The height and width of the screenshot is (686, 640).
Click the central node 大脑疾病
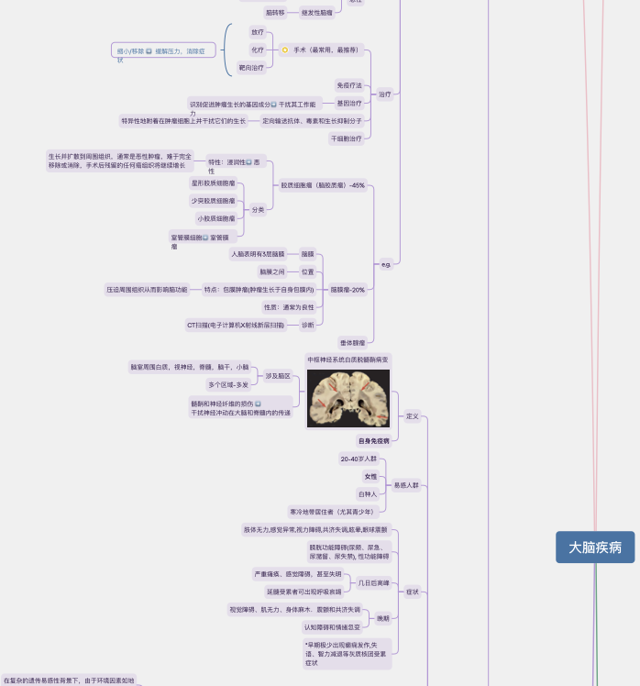pyautogui.click(x=595, y=548)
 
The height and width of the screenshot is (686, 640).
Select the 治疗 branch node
pyautogui.click(x=385, y=94)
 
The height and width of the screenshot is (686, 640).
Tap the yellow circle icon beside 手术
pyautogui.click(x=285, y=50)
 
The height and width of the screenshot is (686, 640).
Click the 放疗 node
pyautogui.click(x=258, y=32)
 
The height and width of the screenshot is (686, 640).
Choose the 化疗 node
pyautogui.click(x=258, y=50)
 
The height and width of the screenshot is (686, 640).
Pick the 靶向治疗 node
pyautogui.click(x=251, y=67)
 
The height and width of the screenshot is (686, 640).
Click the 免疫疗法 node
pyautogui.click(x=349, y=84)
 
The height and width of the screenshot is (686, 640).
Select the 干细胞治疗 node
pyautogui.click(x=346, y=138)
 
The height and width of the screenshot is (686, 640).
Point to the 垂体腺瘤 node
pyautogui.click(x=352, y=341)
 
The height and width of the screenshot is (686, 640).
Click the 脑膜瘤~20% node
pyautogui.click(x=348, y=289)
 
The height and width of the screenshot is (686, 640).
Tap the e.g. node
pyautogui.click(x=386, y=264)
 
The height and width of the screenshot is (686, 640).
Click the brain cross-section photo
pyautogui.click(x=348, y=398)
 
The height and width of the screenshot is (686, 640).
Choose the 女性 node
pyautogui.click(x=370, y=476)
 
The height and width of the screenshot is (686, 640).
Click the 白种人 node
pyautogui.click(x=367, y=493)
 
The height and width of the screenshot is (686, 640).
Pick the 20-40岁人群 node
pyautogui.click(x=359, y=459)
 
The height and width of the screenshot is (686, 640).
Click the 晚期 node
pyautogui.click(x=382, y=618)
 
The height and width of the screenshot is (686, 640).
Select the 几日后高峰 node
pyautogui.click(x=373, y=582)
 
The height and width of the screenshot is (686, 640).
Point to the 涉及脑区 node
pyautogui.click(x=278, y=376)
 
